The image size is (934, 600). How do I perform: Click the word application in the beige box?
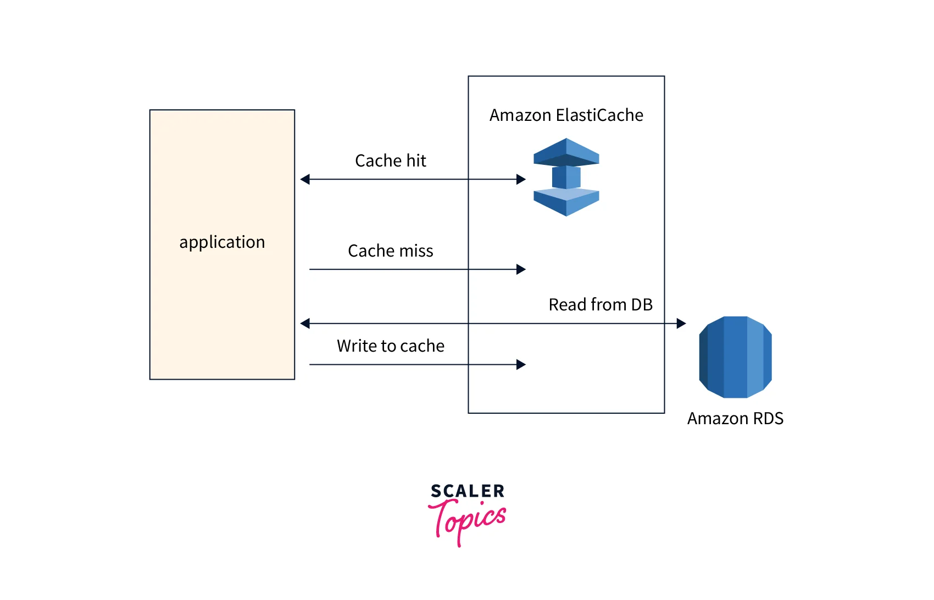[x=222, y=242]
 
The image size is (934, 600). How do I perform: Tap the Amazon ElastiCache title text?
[x=566, y=115]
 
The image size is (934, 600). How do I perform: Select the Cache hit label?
[x=390, y=161]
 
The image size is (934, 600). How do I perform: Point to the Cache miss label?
[x=390, y=251]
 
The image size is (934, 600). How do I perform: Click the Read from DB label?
[x=600, y=305]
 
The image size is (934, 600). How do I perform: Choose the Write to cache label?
[x=390, y=346]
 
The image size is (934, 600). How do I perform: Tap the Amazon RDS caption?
[x=735, y=419]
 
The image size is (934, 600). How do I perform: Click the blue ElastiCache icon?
[x=566, y=177]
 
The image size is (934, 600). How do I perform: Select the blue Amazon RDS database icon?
[x=735, y=357]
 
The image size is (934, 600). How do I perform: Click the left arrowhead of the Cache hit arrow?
[x=305, y=180]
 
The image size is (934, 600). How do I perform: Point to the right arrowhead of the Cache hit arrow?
[x=521, y=180]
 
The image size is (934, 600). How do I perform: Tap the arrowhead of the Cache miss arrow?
[x=521, y=269]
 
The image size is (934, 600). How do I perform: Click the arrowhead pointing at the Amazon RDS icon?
[x=681, y=324]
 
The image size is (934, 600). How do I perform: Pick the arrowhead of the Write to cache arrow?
[x=521, y=365]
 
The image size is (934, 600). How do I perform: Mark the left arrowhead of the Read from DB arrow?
[x=305, y=324]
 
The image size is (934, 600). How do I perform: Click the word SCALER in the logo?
[x=467, y=491]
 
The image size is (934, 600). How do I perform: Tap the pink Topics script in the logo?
[x=468, y=520]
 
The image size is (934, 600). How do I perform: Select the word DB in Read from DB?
[x=642, y=305]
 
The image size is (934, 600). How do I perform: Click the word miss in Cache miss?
[x=416, y=251]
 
